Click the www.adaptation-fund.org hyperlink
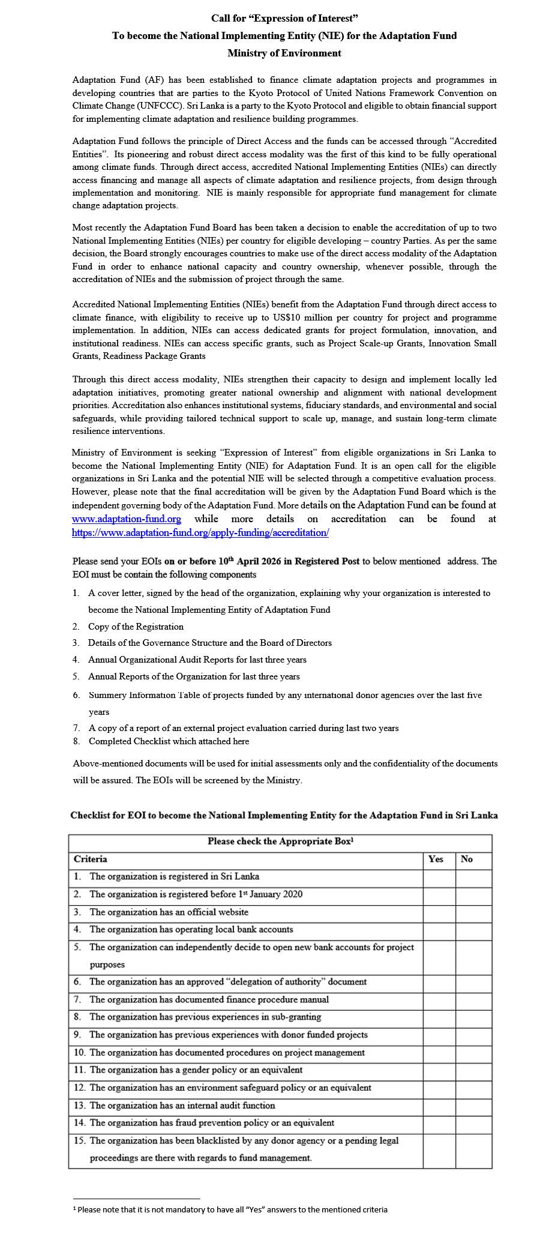click(126, 519)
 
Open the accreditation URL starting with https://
click(200, 532)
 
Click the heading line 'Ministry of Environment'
click(284, 53)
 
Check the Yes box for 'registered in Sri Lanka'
click(439, 877)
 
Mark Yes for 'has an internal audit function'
click(439, 1106)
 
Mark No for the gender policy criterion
click(473, 1071)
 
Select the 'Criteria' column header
click(91, 859)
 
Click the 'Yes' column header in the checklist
click(436, 859)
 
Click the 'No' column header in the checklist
click(467, 859)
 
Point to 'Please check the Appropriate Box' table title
click(280, 841)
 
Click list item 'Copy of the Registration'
click(136, 627)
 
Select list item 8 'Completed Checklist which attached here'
click(169, 741)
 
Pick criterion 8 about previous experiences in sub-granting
click(205, 1017)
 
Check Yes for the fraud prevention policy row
click(439, 1124)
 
